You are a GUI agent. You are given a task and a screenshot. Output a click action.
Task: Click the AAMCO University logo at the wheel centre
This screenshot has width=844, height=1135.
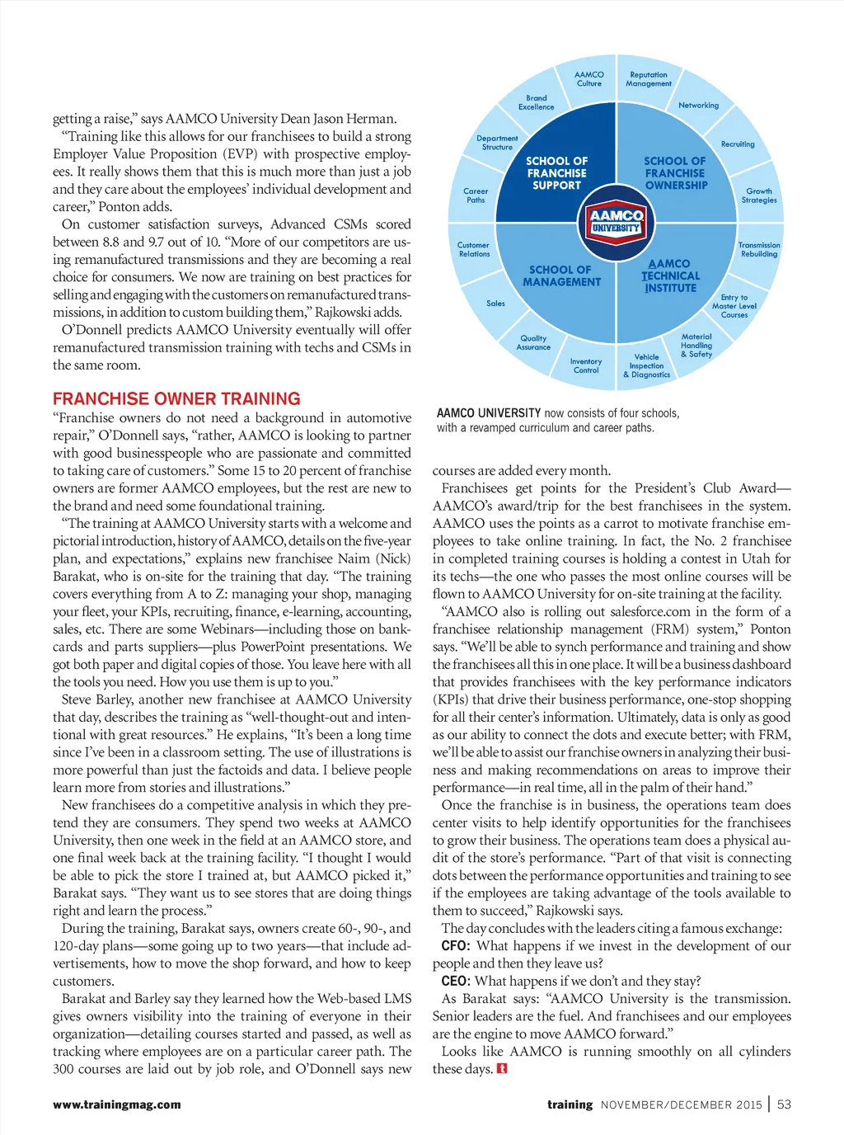[x=616, y=221]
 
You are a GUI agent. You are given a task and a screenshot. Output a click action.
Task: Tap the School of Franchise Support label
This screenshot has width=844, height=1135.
[x=557, y=173]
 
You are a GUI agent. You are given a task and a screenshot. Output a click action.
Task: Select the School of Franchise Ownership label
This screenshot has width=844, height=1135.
[x=675, y=173]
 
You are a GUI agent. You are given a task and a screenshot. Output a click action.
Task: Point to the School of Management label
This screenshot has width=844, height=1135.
[x=561, y=276]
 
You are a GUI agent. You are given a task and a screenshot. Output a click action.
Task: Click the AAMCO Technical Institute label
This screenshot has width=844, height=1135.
[x=671, y=276]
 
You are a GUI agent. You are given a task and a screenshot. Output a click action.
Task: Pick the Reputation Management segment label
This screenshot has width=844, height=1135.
[x=649, y=79]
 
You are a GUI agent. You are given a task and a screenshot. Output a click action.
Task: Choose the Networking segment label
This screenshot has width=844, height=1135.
[x=698, y=106]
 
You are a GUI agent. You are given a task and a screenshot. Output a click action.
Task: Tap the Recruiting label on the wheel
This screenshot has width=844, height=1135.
[x=738, y=144]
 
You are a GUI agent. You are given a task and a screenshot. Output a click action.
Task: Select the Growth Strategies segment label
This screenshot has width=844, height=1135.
[x=759, y=195]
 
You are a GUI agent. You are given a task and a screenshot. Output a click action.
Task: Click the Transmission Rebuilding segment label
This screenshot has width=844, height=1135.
[x=759, y=249]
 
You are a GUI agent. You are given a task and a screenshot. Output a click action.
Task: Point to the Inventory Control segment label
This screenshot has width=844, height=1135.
[x=586, y=365]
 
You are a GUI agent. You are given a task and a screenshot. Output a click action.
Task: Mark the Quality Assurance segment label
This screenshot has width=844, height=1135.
[x=533, y=342]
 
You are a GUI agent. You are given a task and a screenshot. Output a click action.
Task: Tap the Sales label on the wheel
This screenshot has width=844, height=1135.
[x=495, y=304]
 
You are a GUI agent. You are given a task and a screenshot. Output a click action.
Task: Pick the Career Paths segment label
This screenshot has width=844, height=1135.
[x=476, y=195]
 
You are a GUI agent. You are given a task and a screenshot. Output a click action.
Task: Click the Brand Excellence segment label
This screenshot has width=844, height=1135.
[x=536, y=102]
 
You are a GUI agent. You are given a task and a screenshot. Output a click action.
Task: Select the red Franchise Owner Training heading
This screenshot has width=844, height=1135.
[x=176, y=398]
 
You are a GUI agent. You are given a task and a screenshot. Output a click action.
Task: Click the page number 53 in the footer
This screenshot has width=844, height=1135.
[x=784, y=1104]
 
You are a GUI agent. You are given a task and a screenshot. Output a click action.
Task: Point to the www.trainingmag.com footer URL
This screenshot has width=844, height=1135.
[x=117, y=1104]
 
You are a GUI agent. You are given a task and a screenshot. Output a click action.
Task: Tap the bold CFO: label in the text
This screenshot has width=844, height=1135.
[x=455, y=946]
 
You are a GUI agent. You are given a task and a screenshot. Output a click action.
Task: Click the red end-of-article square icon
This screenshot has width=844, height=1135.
[x=502, y=1069]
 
